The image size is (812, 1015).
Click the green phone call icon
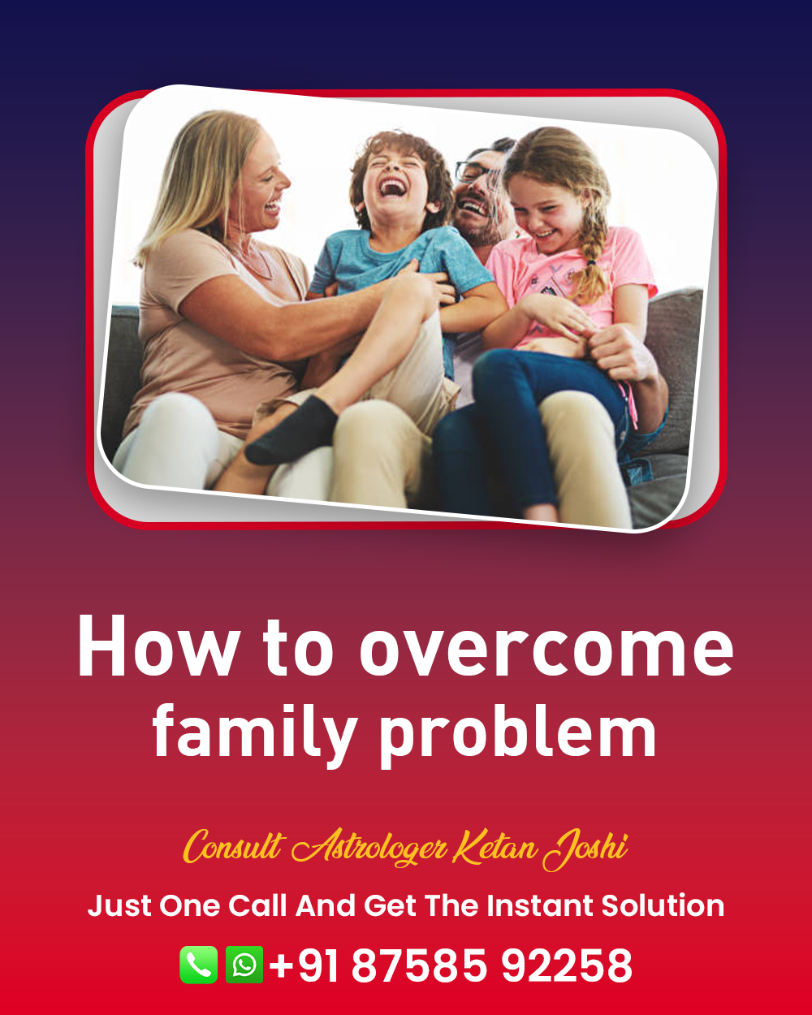[x=199, y=965]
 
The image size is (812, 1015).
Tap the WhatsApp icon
[x=244, y=965]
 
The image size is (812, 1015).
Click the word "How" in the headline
[x=157, y=646]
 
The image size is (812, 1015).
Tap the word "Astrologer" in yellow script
[x=369, y=849]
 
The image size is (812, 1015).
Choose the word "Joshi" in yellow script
[x=585, y=849]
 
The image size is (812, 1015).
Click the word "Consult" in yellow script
[x=234, y=847]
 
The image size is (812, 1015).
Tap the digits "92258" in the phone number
[x=567, y=965]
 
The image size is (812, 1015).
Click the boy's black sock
[x=292, y=430]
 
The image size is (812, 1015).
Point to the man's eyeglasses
[x=476, y=171]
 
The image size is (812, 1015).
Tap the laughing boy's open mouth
[x=393, y=188]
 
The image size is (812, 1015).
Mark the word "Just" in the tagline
[x=119, y=906]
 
